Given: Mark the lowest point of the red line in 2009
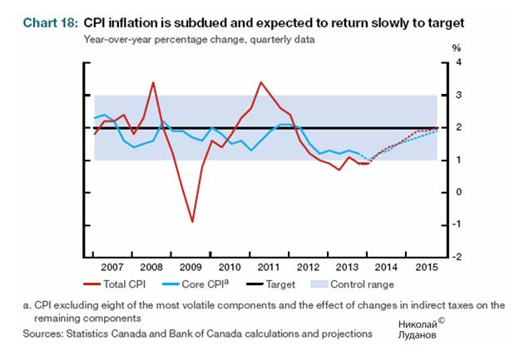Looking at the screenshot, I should [193, 222].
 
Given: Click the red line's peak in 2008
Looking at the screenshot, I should [153, 81].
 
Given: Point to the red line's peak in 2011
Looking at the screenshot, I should [261, 81].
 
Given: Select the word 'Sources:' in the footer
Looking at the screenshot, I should [41, 333].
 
